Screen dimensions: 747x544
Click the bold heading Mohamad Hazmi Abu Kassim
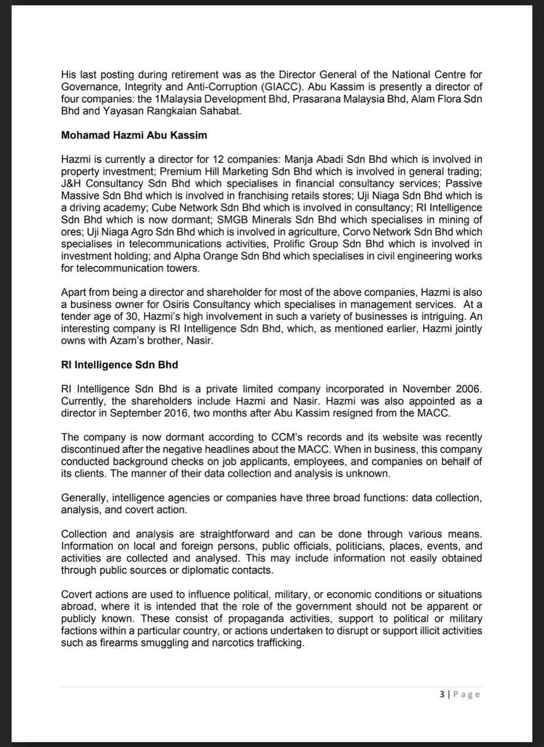[x=134, y=135]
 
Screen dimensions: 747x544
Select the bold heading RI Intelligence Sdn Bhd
[x=120, y=365]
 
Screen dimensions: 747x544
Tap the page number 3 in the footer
[x=442, y=694]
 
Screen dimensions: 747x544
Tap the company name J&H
[x=73, y=183]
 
